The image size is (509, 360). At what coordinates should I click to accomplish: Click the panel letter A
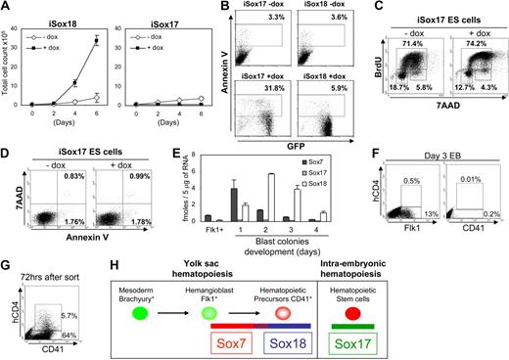click(x=6, y=7)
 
